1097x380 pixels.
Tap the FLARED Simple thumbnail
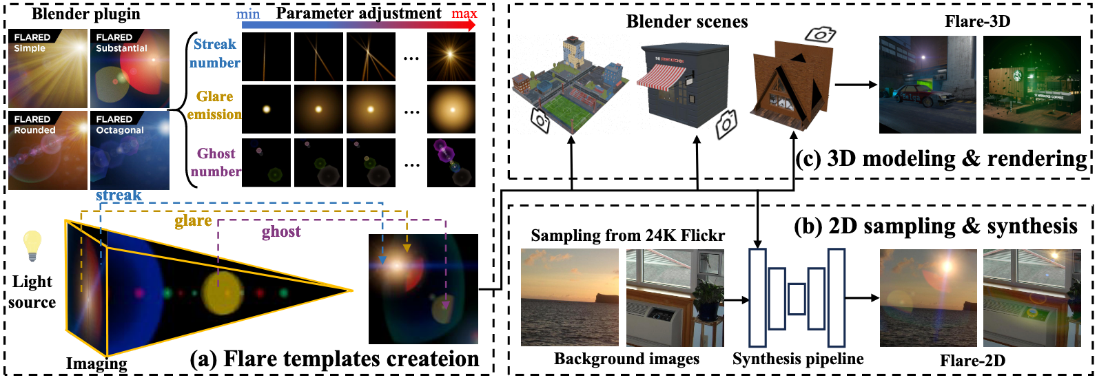[48, 68]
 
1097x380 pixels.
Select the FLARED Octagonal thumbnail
[130, 150]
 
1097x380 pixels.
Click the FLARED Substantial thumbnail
[130, 68]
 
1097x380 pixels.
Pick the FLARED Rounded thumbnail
[48, 150]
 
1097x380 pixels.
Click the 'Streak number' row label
[214, 54]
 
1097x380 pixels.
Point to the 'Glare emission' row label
[214, 105]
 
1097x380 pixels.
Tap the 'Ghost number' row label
[216, 162]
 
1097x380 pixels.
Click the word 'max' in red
[464, 14]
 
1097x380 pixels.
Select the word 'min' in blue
[248, 14]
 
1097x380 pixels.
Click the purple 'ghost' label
[281, 232]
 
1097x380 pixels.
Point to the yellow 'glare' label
[193, 221]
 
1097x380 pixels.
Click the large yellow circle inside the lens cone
[222, 293]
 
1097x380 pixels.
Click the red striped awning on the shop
[661, 75]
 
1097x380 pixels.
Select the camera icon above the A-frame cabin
[820, 34]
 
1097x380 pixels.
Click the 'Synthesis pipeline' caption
[797, 359]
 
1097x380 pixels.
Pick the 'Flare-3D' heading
[977, 21]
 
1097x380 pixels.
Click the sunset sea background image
[569, 297]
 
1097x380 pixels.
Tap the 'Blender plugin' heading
[86, 14]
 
